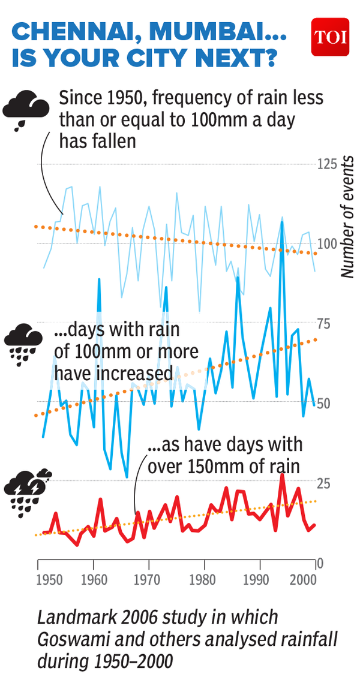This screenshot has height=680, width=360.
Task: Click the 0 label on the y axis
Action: pos(321,564)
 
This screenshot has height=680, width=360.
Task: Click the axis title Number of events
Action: pos(347,216)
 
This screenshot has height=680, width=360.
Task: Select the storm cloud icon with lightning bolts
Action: pos(26,492)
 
